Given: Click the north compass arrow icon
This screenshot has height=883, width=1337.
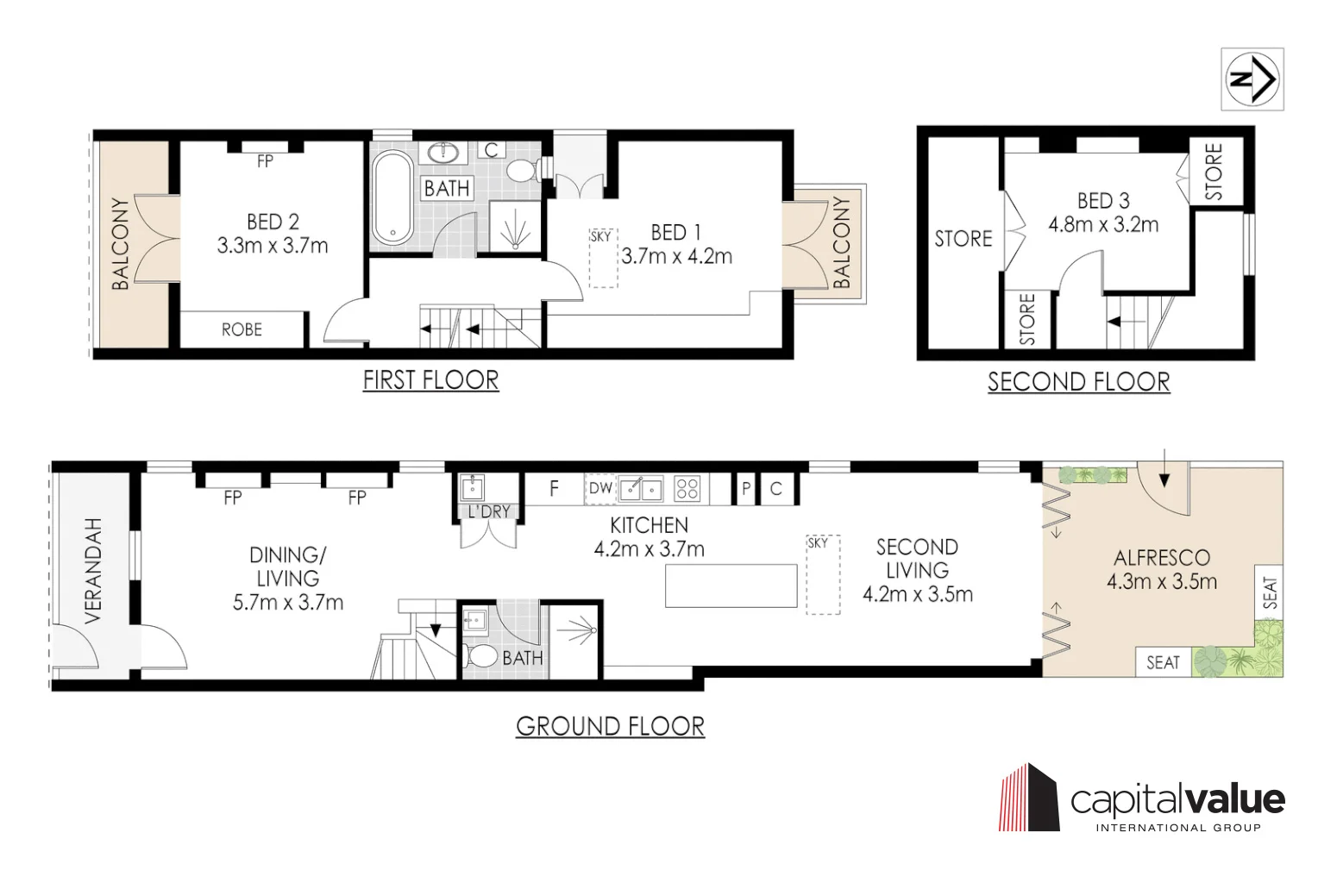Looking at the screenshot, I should coord(1252,79).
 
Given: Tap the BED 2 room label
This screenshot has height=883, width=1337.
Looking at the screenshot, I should coord(273,222).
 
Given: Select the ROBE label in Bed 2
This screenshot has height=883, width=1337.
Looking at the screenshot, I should coord(242,329).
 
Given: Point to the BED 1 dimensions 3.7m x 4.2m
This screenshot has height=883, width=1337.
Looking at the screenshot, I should coord(677,256).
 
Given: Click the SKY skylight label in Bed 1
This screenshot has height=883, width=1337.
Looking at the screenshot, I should coord(601,236).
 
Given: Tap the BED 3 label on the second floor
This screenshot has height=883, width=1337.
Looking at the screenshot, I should coord(1103,201).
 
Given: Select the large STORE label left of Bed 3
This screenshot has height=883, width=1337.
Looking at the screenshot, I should coord(964,239).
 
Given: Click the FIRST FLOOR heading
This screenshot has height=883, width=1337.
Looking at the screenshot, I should coord(430,380).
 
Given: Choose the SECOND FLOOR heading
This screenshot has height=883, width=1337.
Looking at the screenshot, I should coord(1078,382).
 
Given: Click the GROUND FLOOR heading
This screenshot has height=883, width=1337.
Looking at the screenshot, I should coord(610,726).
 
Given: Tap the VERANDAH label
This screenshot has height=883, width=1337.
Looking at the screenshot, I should coord(93,571).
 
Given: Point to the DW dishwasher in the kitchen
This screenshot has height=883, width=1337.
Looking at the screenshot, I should coord(600,489).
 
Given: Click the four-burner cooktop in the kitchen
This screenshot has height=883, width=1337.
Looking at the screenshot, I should coord(687,489).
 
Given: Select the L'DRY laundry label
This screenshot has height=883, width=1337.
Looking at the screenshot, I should coord(489,511).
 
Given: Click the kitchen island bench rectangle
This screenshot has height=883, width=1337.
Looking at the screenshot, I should coord(731,586).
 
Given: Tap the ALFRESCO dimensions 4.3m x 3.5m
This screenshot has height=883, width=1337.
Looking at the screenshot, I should coord(1162,581).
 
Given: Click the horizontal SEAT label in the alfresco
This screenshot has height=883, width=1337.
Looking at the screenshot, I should coord(1163,662).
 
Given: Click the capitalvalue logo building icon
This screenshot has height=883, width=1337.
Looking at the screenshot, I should coord(1029,798).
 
